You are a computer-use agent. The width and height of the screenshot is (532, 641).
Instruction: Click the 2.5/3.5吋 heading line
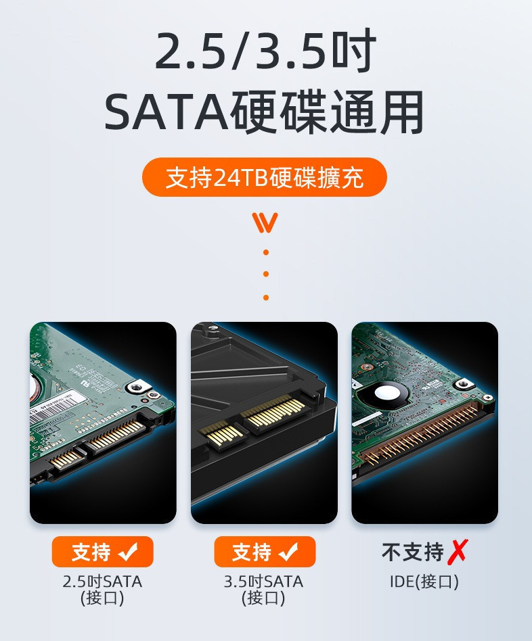pos(265,51)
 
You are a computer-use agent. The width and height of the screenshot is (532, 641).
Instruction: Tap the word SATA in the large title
pos(167,112)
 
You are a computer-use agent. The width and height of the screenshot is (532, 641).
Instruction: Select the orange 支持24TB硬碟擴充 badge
pos(265,177)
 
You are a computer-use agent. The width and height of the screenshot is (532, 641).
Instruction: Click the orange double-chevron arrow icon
pos(265,222)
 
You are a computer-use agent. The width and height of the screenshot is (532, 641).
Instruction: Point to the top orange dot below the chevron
pos(266,252)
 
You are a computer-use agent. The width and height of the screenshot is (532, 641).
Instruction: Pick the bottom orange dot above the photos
pos(266,298)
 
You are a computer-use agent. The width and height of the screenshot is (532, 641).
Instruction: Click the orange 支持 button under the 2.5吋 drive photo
pos(102,552)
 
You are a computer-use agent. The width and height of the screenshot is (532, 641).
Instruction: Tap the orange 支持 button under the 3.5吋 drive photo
pos(265,552)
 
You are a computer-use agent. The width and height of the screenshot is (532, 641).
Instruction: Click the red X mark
pos(458,552)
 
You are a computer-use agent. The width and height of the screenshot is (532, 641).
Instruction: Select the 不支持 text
pos(412,552)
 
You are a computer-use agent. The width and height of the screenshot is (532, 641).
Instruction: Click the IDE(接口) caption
pos(424,581)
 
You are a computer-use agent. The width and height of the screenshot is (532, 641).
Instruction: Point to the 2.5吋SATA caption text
pos(102,581)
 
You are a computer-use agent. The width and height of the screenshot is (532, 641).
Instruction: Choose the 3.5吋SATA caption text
pos(263,581)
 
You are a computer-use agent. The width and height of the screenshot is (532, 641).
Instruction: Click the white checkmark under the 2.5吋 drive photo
pos(128,552)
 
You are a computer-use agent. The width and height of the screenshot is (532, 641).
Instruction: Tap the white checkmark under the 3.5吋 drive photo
pos(289,552)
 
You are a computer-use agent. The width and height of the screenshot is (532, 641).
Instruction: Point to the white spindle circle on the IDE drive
pos(386,393)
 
